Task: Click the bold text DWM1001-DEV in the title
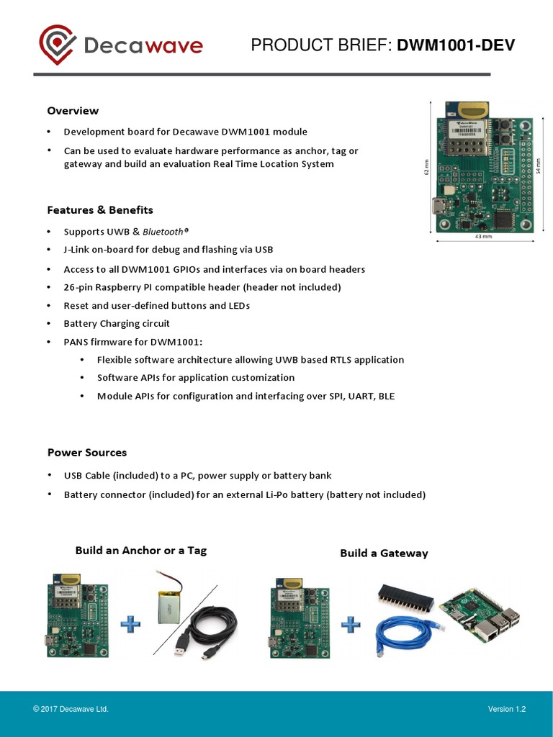tap(456, 46)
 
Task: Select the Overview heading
tap(73, 111)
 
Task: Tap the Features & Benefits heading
tap(100, 210)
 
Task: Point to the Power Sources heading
tap(86, 453)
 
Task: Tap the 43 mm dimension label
tap(483, 236)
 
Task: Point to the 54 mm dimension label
tap(538, 166)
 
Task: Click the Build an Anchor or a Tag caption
tap(141, 551)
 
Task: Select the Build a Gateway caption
tap(384, 553)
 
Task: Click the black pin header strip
tap(405, 595)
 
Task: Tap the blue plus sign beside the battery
tap(130, 623)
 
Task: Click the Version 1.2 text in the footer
tap(507, 710)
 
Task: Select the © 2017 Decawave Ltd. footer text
tap(71, 710)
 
